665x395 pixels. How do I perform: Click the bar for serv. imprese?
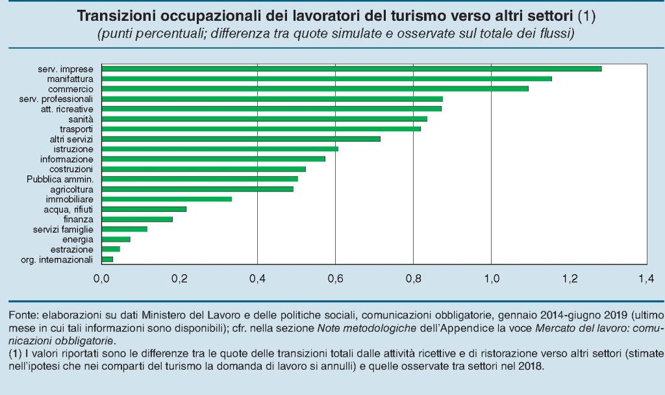pos(351,68)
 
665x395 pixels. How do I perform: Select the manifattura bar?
pos(327,79)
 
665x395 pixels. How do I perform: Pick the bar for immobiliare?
pos(167,199)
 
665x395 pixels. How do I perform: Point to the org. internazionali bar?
pos(108,259)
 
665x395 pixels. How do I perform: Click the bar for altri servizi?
pos(241,138)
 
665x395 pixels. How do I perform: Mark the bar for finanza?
pos(137,219)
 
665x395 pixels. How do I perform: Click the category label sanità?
pos(81,119)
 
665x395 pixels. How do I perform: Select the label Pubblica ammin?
pos(60,179)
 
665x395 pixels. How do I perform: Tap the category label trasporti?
pos(76,129)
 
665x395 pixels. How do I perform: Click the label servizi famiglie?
pos(63,229)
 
